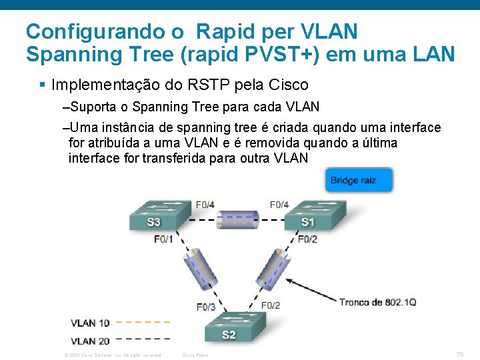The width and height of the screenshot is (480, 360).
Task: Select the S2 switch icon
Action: (229, 329)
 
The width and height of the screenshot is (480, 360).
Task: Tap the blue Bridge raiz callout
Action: (359, 181)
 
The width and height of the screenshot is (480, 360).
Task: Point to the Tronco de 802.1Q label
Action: (377, 302)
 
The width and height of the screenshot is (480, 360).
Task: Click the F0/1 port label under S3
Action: (163, 239)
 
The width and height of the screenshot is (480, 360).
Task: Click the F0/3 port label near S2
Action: (206, 307)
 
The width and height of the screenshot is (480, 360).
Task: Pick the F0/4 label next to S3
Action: (205, 204)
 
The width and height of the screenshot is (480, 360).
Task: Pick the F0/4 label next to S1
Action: (279, 204)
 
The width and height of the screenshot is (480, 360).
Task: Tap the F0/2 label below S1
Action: (307, 239)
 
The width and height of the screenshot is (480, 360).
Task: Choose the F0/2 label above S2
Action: (271, 305)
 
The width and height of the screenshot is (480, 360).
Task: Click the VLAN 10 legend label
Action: (90, 323)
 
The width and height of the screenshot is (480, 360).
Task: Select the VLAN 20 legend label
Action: (90, 341)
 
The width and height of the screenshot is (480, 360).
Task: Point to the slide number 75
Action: (459, 353)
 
